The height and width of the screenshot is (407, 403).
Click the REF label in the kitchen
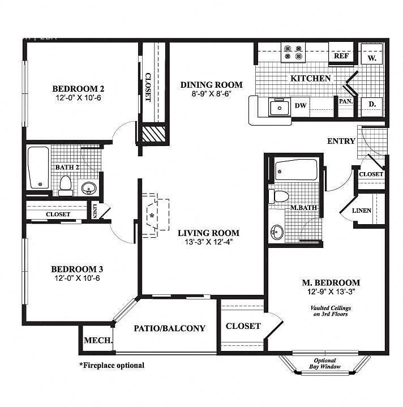[341, 56]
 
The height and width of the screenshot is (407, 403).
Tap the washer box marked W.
[372, 57]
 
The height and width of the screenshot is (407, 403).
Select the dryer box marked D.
[372, 104]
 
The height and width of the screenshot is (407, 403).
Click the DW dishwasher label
[300, 105]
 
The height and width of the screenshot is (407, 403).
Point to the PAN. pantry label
[346, 101]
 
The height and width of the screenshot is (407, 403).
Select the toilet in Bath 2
[66, 185]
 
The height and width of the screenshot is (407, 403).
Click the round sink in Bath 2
[88, 187]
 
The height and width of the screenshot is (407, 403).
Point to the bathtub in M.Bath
[295, 169]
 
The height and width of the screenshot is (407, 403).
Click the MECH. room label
[97, 340]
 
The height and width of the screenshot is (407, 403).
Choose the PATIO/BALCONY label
[169, 328]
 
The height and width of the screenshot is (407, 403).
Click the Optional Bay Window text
[325, 364]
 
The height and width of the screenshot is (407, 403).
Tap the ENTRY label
[341, 141]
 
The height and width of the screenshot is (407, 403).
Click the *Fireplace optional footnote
[112, 365]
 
